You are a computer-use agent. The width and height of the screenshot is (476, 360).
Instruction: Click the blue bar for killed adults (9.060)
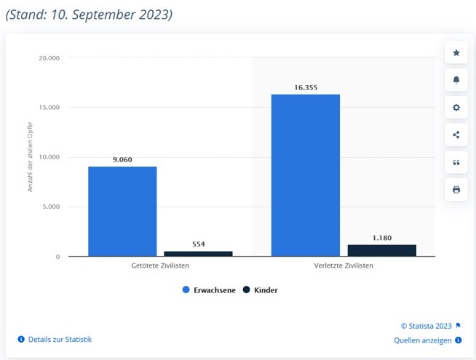122,211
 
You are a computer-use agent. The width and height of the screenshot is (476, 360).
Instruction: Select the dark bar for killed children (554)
198,253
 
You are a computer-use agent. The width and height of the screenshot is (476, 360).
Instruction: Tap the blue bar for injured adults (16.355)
305,175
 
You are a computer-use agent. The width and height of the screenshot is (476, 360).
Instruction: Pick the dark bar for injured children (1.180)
381,250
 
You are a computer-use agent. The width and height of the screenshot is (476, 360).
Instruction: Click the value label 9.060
122,159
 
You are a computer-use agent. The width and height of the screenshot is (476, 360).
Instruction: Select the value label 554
198,244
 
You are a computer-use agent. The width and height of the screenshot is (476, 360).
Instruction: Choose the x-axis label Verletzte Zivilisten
344,266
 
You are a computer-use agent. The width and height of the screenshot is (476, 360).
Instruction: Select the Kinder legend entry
261,289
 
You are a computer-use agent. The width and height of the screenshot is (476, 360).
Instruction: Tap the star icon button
456,52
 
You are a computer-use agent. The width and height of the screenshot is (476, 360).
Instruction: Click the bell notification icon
456,80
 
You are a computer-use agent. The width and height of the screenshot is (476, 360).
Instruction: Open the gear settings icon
456,108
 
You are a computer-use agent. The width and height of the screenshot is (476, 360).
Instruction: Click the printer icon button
456,190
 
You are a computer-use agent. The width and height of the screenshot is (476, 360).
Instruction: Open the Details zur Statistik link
60,339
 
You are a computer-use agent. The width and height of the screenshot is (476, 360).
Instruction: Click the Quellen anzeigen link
424,340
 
